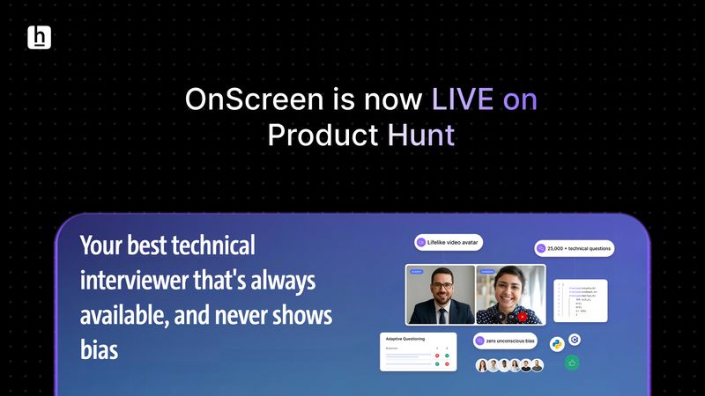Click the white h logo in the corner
point(40,37)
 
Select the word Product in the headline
point(322,136)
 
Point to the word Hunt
point(421,136)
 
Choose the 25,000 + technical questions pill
point(574,249)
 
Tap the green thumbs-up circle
point(571,362)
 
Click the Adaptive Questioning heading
point(404,338)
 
